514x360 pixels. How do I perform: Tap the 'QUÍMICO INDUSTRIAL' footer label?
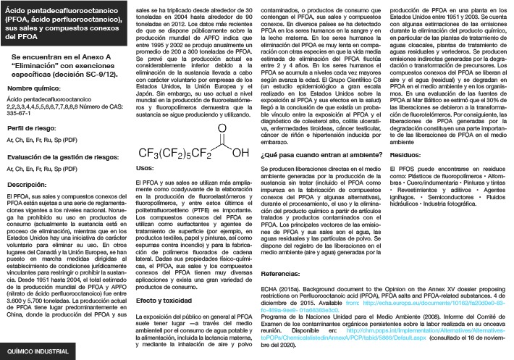click(38, 351)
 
